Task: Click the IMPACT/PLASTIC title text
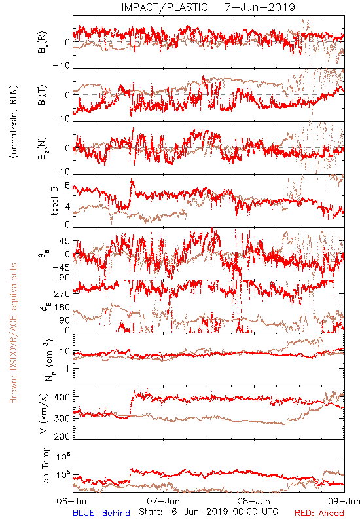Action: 164,7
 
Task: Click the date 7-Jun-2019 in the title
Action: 259,7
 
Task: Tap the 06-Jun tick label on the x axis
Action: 73,501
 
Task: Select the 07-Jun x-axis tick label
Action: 163,501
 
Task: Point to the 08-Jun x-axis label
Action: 254,501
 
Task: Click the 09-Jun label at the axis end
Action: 344,501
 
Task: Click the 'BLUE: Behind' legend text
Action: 101,513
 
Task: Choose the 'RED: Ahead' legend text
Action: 319,513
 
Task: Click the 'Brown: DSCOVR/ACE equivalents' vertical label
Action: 13,333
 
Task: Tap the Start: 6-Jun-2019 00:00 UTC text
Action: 208,512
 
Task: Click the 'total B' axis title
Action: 54,200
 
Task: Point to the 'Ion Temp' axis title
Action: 45,466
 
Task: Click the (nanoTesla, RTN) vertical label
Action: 14,122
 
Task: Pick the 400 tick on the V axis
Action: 62,397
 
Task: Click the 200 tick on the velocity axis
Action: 62,436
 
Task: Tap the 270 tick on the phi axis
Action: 62,293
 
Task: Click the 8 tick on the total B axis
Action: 67,185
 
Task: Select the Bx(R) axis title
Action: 43,42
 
